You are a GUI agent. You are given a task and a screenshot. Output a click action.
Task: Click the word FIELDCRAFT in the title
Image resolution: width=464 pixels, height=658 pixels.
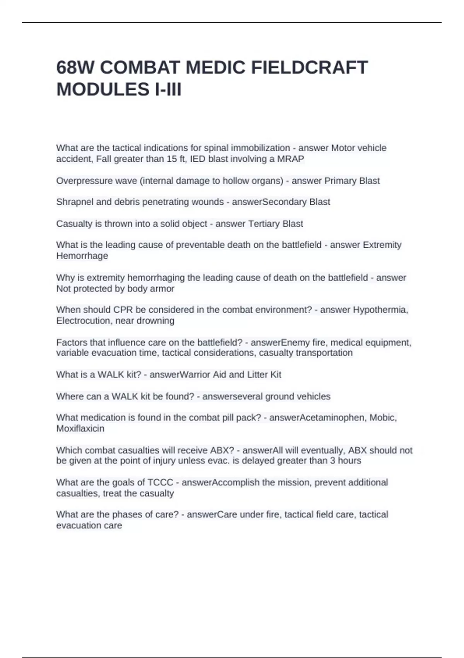coord(309,68)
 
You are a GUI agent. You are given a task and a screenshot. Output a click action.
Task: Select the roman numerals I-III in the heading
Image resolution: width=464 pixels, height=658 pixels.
coord(168,90)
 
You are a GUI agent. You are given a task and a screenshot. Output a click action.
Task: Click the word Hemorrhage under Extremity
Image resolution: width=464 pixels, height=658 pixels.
coord(82,256)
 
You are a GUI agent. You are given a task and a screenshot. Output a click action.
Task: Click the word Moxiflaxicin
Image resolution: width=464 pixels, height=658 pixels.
coord(80,428)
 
